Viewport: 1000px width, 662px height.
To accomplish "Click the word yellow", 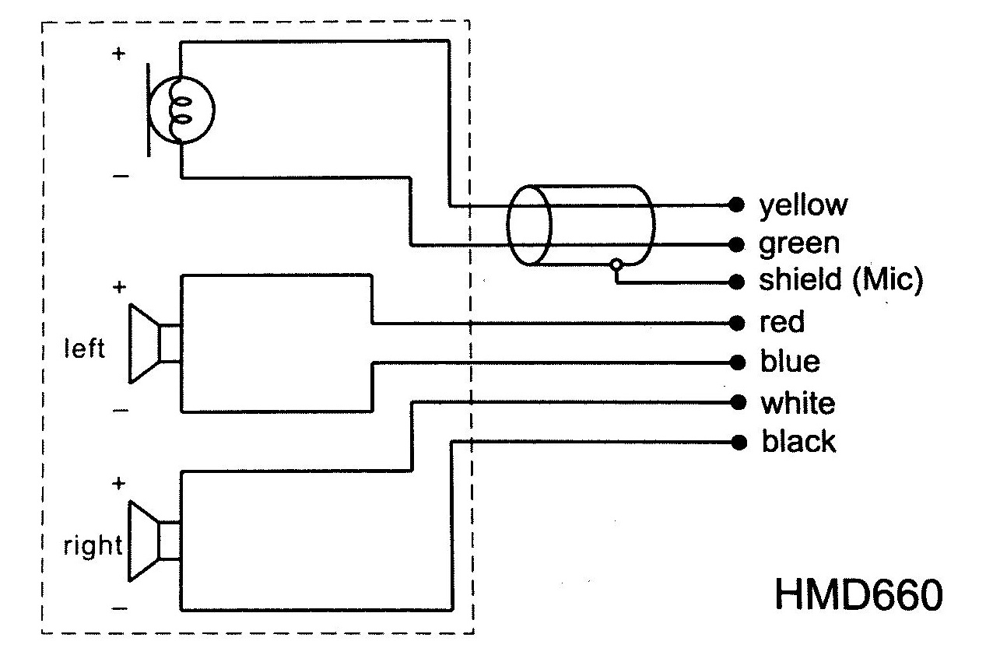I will [x=802, y=205].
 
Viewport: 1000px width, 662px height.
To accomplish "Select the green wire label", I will [x=799, y=243].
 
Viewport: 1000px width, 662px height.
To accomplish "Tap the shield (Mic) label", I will [x=840, y=282].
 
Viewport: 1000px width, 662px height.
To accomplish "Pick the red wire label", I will [x=782, y=322].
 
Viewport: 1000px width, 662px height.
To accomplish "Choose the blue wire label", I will [x=789, y=362].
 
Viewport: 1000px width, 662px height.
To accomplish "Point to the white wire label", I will [x=797, y=403].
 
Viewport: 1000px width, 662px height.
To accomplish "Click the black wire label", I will [x=798, y=443].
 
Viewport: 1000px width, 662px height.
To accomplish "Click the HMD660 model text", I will [x=859, y=595].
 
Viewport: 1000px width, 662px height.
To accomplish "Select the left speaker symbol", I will [x=154, y=343].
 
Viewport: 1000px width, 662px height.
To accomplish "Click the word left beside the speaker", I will [x=83, y=349].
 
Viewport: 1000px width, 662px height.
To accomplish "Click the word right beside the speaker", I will [x=92, y=546].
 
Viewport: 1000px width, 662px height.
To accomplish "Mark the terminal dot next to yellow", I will [x=735, y=205].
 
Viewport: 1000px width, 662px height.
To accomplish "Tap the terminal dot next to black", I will [x=735, y=443].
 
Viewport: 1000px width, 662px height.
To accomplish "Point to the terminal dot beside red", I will [x=735, y=323].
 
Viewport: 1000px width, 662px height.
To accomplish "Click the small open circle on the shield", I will [x=617, y=264].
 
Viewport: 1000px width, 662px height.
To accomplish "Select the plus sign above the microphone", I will [x=118, y=55].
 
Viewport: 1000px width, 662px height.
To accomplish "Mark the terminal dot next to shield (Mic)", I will [x=735, y=283].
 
